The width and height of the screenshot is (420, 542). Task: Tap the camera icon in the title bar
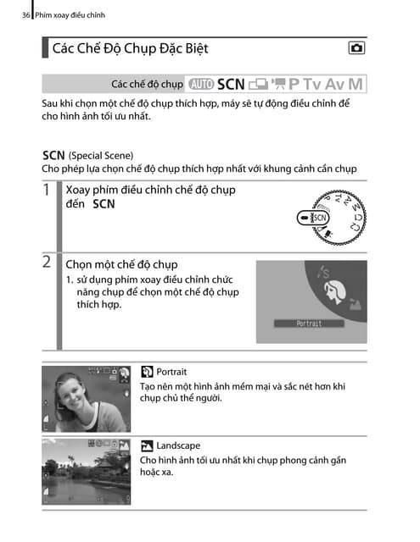tap(357, 48)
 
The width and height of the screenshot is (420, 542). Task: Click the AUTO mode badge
tap(203, 84)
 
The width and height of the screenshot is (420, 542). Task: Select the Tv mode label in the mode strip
tap(313, 84)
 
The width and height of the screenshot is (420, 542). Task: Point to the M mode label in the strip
tap(356, 84)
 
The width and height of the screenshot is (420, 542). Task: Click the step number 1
tap(48, 192)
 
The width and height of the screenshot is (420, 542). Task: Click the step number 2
tap(48, 263)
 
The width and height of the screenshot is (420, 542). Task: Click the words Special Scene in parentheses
tap(101, 156)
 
